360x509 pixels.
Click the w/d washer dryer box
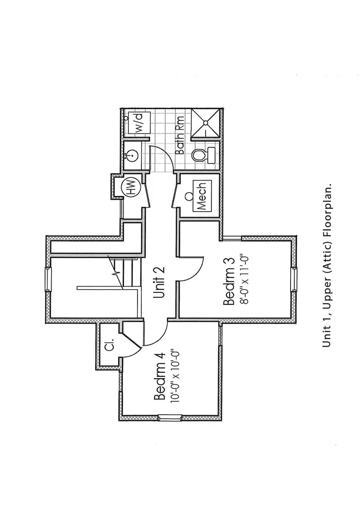click(139, 123)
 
